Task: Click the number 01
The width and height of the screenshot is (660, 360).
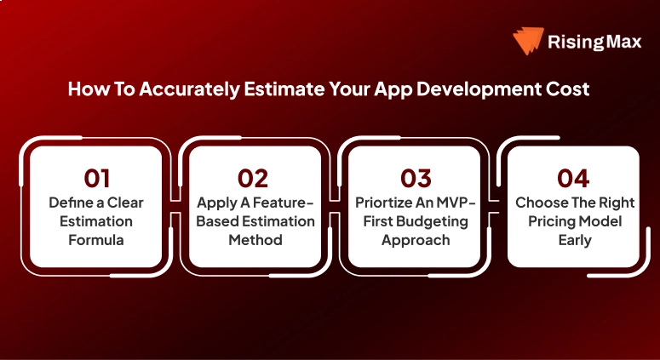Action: point(97,178)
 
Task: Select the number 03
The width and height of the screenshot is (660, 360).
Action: point(415,178)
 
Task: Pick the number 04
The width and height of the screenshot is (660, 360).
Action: point(573,178)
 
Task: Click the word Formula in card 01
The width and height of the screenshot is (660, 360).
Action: point(96,241)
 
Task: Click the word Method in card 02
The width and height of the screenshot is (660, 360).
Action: point(255,241)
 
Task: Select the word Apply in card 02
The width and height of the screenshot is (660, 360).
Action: point(215,203)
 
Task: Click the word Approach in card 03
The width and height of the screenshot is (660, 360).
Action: point(415,241)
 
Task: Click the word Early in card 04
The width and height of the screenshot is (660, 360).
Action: point(573,241)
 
